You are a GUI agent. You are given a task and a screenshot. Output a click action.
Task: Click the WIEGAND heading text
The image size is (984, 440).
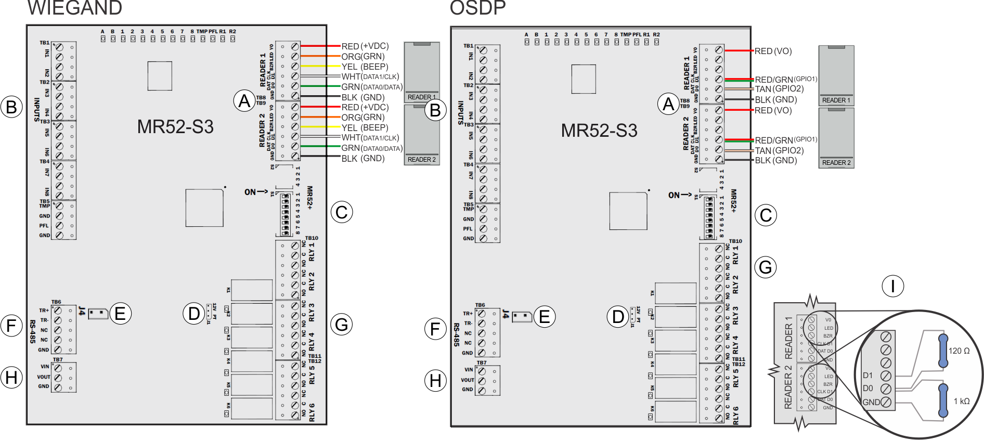[x=74, y=8]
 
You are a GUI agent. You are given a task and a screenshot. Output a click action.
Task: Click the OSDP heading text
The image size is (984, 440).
[x=477, y=8]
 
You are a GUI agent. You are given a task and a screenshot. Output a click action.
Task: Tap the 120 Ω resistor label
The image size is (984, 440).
[x=959, y=351]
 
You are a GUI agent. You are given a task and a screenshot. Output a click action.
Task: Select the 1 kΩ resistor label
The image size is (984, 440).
[x=961, y=401]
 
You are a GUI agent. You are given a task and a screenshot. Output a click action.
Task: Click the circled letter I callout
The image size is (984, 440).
[x=892, y=286]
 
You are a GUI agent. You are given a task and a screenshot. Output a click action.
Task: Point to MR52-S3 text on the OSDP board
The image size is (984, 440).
[x=599, y=130]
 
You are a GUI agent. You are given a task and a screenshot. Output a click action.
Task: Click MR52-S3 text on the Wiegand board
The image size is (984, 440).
[x=175, y=127]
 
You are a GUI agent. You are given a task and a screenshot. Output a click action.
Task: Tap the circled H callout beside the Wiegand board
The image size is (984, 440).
[x=11, y=378]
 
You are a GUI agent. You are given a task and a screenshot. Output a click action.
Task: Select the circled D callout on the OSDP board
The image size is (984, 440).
[x=618, y=316]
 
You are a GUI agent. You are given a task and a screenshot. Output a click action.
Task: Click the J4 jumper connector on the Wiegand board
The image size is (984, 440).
[x=98, y=314]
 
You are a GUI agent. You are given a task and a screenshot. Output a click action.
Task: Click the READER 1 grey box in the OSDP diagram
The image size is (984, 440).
[x=836, y=75]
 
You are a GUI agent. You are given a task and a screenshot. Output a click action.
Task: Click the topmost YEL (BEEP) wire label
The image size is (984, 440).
[x=365, y=67]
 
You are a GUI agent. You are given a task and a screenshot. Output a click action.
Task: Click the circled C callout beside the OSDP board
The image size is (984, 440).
[x=766, y=215]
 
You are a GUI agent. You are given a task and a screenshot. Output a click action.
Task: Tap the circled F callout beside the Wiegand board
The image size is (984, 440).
[x=11, y=326]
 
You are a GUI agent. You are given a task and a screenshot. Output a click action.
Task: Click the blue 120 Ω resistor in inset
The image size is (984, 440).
[x=942, y=351]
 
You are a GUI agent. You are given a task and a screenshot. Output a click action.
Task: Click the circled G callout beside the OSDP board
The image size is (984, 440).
[x=766, y=267]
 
